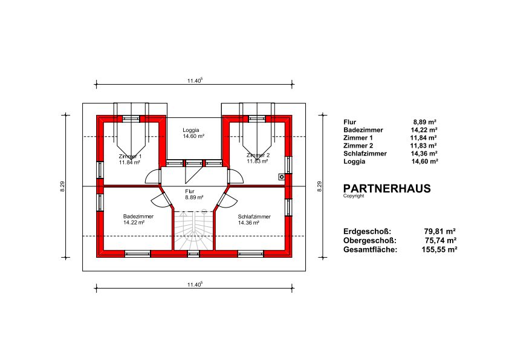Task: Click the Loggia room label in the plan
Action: [191, 130]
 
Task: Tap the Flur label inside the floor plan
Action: [190, 192]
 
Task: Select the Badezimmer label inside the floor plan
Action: [138, 217]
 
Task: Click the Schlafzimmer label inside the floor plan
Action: [254, 217]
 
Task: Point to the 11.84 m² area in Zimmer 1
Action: [129, 163]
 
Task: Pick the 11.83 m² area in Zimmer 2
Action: [258, 161]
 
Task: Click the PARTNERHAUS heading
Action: [387, 188]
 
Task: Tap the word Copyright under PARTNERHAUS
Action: [354, 196]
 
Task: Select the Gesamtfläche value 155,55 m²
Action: [439, 249]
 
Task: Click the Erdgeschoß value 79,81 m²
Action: [440, 231]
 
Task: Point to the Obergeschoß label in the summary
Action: [370, 241]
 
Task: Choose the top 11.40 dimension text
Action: [195, 80]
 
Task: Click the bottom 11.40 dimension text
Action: [195, 284]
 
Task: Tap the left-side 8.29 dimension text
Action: [62, 186]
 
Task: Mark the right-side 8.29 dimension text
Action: [319, 186]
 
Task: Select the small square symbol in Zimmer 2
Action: [282, 177]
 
